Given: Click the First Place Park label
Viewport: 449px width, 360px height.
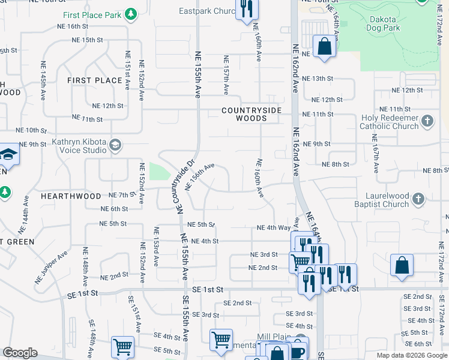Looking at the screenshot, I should (x=92, y=14).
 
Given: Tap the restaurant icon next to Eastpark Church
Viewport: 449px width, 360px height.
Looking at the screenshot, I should (x=246, y=9).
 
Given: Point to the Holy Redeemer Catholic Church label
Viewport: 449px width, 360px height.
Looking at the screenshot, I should (x=389, y=122).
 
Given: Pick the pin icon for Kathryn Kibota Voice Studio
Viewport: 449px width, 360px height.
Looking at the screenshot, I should (x=115, y=144).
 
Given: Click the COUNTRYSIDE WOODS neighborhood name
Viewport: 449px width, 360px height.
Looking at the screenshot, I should (x=252, y=115).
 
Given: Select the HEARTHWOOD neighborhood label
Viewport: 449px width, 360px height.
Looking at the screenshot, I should (x=71, y=196).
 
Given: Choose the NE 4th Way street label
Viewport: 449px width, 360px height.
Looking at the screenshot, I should (x=274, y=228).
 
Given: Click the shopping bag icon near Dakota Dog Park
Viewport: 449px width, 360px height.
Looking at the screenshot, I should (x=324, y=46).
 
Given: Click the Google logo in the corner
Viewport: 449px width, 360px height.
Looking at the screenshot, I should (x=20, y=353).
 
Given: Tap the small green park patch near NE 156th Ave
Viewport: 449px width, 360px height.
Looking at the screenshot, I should (x=159, y=172).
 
